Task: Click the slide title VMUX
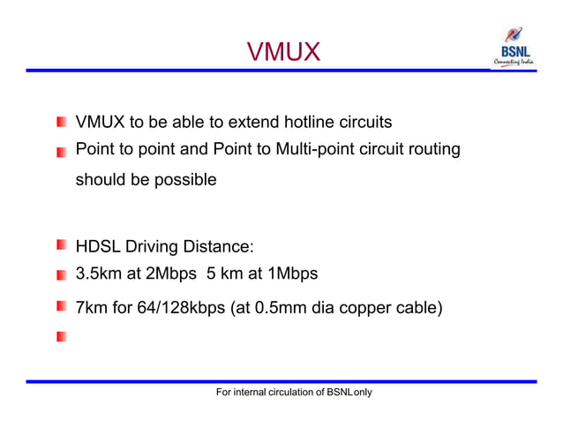click(282, 53)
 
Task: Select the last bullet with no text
click(61, 337)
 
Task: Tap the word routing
click(432, 149)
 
